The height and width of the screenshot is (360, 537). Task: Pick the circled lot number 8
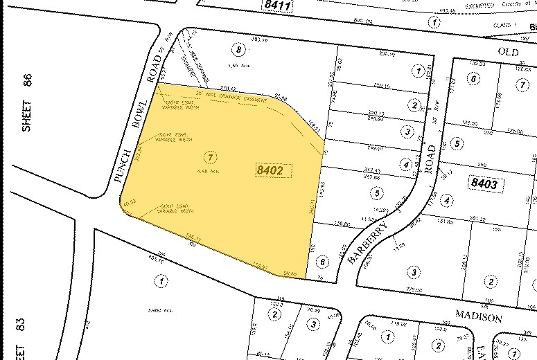240,50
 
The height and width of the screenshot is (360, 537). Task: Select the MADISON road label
478,317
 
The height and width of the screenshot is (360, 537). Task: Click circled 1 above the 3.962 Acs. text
161,282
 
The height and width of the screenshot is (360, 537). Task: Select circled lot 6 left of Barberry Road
321,262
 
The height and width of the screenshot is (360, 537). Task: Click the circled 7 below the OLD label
522,84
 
